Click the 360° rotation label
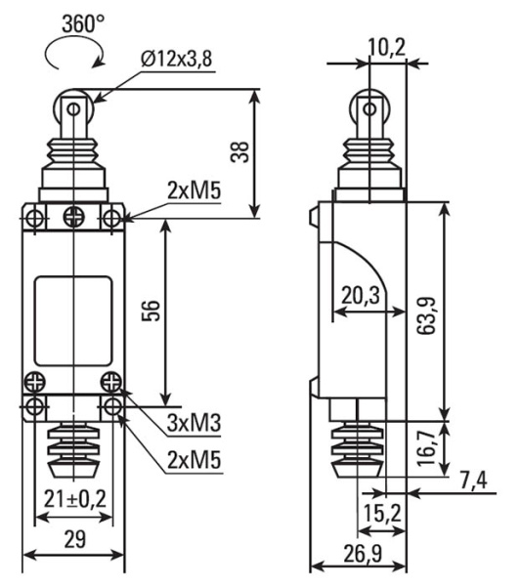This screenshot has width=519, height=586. coord(83,23)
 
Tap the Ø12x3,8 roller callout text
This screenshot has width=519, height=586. coord(177,59)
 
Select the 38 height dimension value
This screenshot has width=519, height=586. coord(239,151)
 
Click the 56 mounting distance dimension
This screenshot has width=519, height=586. coord(151,311)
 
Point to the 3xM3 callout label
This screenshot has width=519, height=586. coord(194,423)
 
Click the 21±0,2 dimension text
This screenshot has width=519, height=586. coord(75,498)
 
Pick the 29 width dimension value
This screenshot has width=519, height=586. coord(75,538)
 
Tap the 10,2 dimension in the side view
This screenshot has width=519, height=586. coord(387,48)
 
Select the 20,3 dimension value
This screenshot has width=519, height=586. coord(361,295)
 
